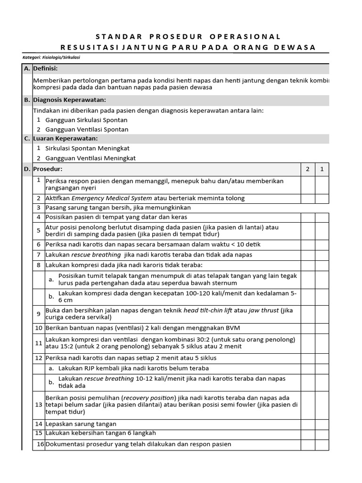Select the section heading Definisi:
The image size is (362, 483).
[x=45, y=69]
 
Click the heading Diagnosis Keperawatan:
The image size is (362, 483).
[x=69, y=100]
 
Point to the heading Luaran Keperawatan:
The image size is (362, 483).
[x=65, y=138]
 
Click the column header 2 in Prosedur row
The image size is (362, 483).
[x=308, y=169]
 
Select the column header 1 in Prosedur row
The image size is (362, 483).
[x=322, y=169]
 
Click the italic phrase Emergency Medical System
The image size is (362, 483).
[x=112, y=198]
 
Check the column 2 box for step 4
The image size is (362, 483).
[x=308, y=217]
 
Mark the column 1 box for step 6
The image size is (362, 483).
[x=322, y=244]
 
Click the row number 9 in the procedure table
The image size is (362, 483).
[x=39, y=314]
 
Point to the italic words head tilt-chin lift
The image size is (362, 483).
[x=207, y=310]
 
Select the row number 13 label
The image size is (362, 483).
[x=39, y=405]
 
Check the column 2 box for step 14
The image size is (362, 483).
[x=308, y=424]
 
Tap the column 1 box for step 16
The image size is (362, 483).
[x=322, y=444]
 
